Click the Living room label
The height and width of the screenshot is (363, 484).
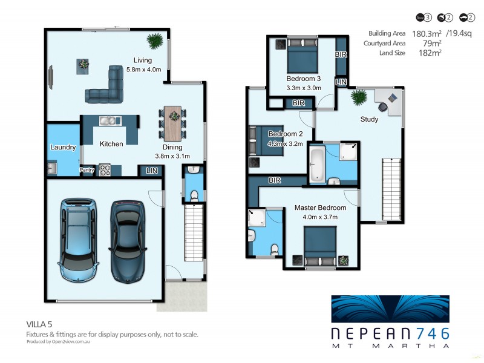point(143,60)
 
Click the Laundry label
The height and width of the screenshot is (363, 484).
point(63,147)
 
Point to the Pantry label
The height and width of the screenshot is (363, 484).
point(87,171)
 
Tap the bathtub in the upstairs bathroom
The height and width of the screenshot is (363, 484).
point(316,163)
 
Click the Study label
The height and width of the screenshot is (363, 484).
point(369,119)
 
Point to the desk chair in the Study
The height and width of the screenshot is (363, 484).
point(393,98)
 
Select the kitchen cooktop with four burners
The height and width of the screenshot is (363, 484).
point(105,170)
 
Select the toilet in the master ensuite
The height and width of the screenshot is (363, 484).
point(274,249)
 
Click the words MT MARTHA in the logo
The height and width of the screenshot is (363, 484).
point(390,346)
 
